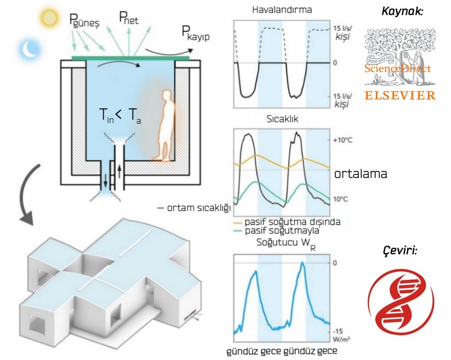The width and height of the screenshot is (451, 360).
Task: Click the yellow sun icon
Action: (x=48, y=18)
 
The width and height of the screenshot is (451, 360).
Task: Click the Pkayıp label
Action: (x=195, y=34)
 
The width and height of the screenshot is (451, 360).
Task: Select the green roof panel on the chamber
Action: (x=131, y=57)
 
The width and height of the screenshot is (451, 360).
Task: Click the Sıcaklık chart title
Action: (x=281, y=119)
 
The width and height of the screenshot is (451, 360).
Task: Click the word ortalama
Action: (x=361, y=174)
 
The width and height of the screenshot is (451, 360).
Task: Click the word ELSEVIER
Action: (x=401, y=95)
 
